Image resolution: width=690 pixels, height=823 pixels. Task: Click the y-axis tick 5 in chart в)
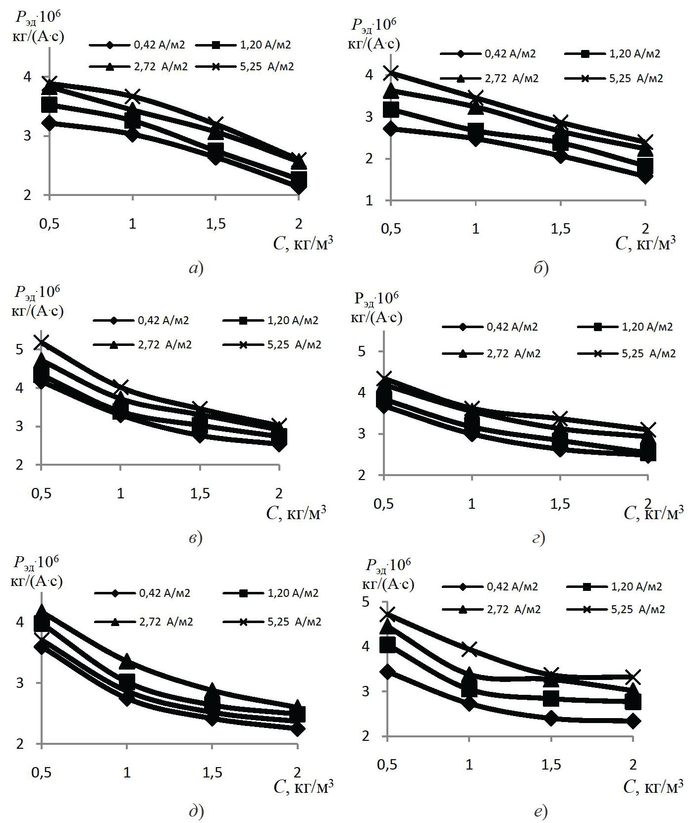pos(19,349)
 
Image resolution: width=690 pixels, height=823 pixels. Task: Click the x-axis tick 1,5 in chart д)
pos(212,773)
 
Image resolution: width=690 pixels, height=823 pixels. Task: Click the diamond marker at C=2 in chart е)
pos(633,721)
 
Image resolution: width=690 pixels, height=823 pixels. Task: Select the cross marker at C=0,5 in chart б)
pos(391,74)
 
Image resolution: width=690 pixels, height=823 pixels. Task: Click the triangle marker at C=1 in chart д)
pos(127,661)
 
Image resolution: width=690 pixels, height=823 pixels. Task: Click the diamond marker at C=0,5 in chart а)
pos(49,123)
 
